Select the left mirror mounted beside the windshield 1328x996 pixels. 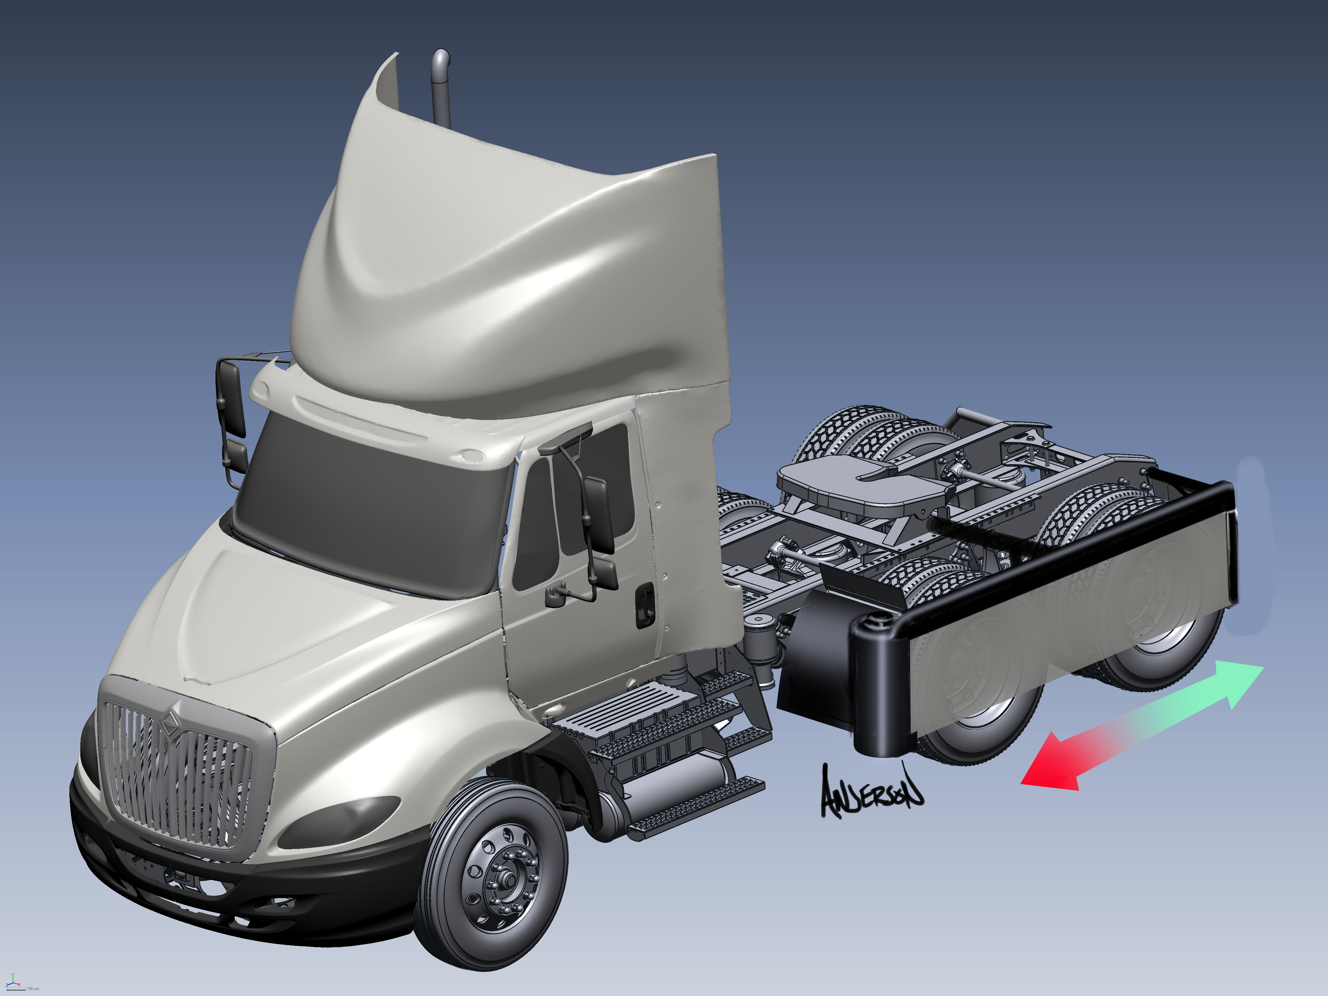(231, 399)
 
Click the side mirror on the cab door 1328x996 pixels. (597, 513)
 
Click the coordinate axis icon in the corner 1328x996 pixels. (13, 983)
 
